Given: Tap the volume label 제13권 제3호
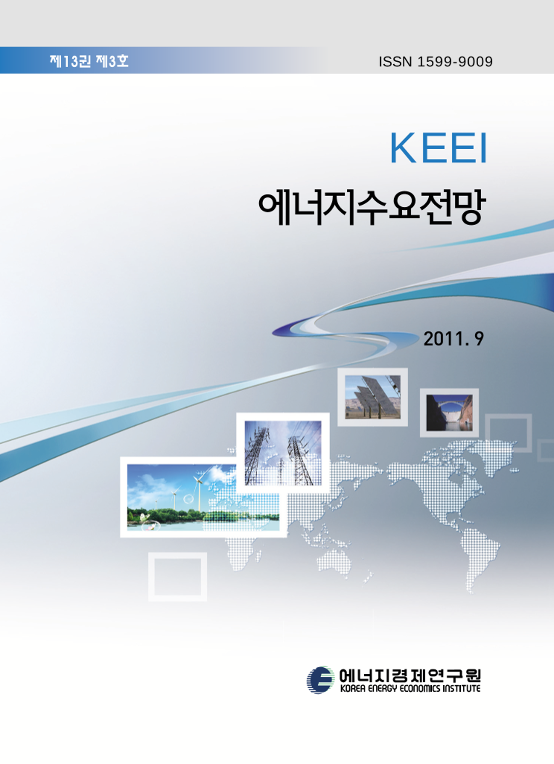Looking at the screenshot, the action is pyautogui.click(x=89, y=61).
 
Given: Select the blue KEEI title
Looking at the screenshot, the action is pyautogui.click(x=438, y=149).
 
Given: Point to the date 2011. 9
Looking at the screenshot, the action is pyautogui.click(x=453, y=339).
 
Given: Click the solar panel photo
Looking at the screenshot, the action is pyautogui.click(x=373, y=397).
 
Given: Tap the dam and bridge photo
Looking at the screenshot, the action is pyautogui.click(x=449, y=413).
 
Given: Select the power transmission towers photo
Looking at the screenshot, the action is pyautogui.click(x=283, y=453).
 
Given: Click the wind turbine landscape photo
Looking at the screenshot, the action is pyautogui.click(x=203, y=497).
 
